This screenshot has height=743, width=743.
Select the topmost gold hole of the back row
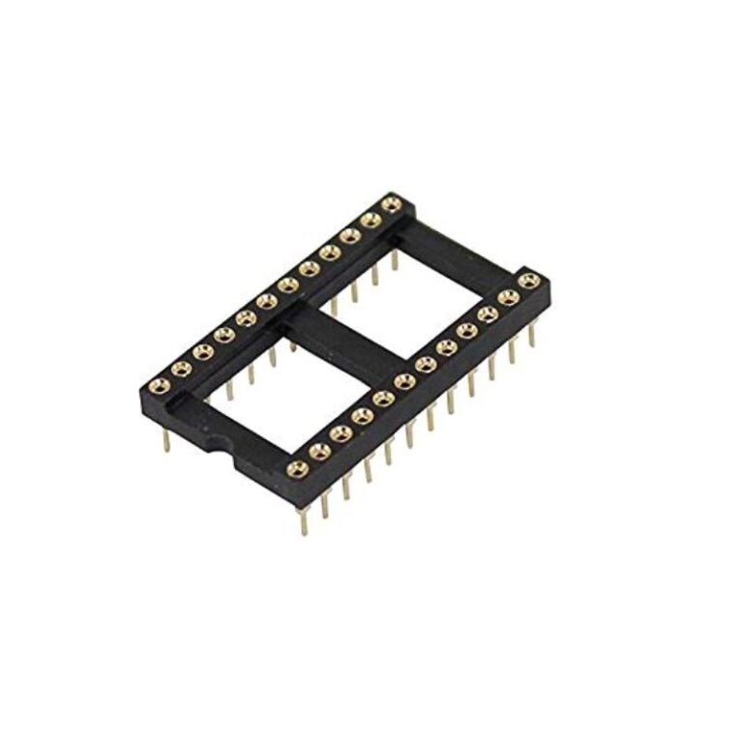pos(391,204)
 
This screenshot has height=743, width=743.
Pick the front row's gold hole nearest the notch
pos(298,469)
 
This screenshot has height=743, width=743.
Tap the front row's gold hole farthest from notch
pos(527,281)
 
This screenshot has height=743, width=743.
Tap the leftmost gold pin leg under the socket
pos(166,440)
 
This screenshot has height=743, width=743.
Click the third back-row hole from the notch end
pos(202,352)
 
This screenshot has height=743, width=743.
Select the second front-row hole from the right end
pos(507,297)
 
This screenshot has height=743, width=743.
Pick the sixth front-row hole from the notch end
pos(404,381)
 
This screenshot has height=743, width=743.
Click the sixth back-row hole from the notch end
pos(266,302)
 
